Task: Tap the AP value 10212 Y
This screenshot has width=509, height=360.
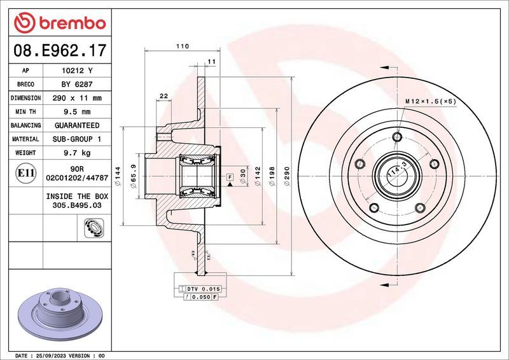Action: pos(76,71)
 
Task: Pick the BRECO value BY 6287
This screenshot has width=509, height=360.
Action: pos(76,84)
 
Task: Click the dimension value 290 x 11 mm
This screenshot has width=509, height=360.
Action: pos(76,98)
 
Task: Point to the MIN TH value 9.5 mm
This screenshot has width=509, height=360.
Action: pos(76,112)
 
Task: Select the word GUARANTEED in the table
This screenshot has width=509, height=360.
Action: pos(76,125)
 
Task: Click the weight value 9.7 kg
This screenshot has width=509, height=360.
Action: pos(76,153)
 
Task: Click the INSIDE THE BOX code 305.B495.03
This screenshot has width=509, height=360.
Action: pos(76,207)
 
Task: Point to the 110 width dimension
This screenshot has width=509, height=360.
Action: pos(182,46)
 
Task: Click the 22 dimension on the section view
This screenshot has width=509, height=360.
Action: pos(164,95)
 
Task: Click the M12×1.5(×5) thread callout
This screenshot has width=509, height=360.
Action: pos(431,101)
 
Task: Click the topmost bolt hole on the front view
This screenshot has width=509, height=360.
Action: pos(398,137)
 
